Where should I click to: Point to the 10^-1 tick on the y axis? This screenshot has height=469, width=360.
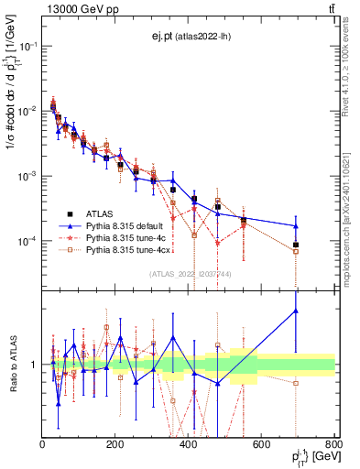tap(29, 46)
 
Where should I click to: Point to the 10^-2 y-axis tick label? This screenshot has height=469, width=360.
tap(29, 111)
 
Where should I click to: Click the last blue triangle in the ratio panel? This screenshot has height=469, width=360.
tap(296, 311)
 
